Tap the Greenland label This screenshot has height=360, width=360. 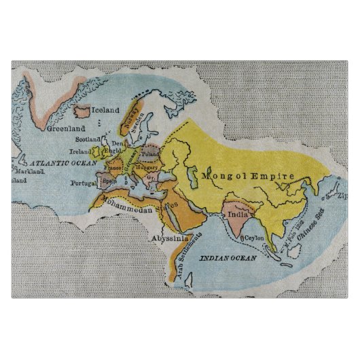point(66,128)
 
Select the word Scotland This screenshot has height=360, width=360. point(88,139)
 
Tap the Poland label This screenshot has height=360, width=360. point(150,154)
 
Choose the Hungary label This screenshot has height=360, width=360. point(147,166)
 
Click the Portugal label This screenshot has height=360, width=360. point(83,183)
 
